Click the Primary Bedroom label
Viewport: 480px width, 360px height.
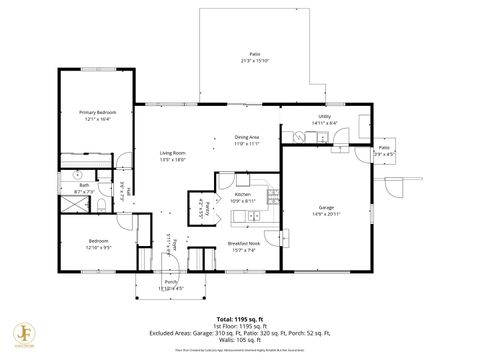coord(98,113)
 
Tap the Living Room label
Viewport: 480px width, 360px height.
coord(173,153)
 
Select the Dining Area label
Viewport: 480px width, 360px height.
coord(247,137)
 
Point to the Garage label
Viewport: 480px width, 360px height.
coord(327,208)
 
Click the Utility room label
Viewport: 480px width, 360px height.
coord(324,117)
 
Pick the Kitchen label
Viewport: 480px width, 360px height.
coord(244,196)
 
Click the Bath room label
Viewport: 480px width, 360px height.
coord(83,186)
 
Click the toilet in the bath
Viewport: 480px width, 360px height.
coord(102,204)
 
